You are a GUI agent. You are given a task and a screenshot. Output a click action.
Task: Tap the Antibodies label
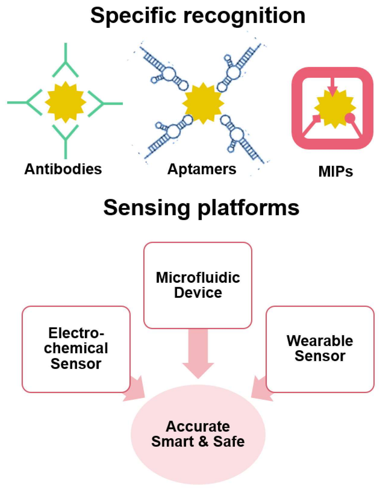[63, 169]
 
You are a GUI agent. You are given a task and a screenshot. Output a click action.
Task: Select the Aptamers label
[202, 169]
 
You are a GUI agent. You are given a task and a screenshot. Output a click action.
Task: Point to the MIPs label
[335, 171]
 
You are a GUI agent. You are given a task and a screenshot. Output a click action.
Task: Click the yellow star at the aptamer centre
[203, 103]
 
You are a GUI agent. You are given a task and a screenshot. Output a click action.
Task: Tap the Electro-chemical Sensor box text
[76, 348]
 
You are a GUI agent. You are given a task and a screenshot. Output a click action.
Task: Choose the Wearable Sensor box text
[320, 348]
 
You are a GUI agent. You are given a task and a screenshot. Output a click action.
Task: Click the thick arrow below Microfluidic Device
[198, 353]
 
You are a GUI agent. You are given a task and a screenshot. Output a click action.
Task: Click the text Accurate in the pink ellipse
[198, 426]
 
